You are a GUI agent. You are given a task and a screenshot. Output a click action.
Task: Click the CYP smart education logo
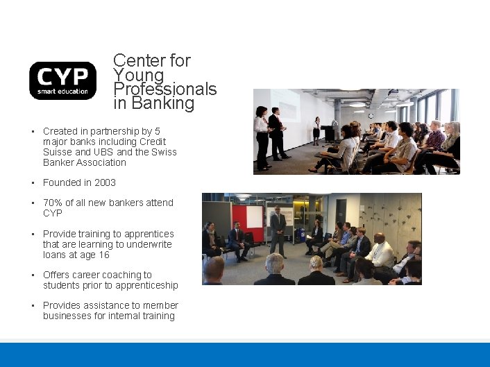tap(62, 80)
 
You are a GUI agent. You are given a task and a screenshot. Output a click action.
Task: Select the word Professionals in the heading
tap(165, 89)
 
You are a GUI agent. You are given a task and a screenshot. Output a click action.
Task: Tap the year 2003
tap(105, 182)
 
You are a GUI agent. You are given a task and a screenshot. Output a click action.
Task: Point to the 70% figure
tap(53, 203)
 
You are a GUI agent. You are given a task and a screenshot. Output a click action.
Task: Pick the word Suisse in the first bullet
tap(57, 152)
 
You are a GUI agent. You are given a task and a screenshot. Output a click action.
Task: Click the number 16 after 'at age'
tap(103, 255)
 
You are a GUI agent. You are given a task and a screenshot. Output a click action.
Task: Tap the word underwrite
tap(148, 244)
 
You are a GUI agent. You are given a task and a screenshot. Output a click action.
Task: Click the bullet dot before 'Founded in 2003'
tap(33, 182)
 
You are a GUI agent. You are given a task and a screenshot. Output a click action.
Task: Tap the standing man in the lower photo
tap(278, 229)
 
